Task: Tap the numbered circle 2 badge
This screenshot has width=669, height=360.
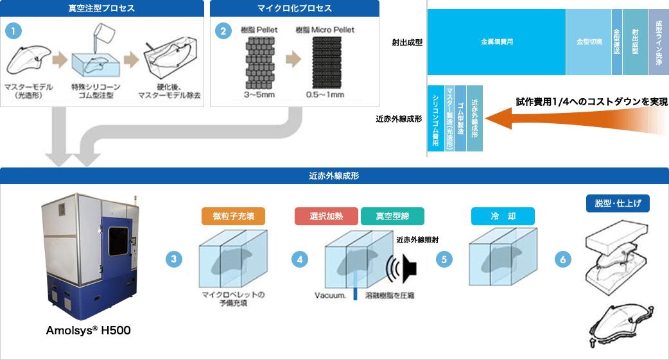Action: click(x=222, y=30)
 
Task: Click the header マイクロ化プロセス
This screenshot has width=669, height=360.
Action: click(x=295, y=8)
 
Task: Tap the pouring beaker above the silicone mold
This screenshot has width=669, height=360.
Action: click(x=103, y=34)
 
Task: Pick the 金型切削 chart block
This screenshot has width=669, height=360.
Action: click(x=589, y=42)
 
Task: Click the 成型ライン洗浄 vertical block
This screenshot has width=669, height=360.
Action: click(x=658, y=42)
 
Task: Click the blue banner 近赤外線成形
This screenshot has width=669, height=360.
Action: click(x=334, y=175)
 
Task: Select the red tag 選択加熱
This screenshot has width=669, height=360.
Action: click(x=327, y=216)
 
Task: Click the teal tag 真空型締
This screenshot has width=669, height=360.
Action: click(x=392, y=216)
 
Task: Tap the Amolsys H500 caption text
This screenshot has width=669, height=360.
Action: click(x=89, y=330)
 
